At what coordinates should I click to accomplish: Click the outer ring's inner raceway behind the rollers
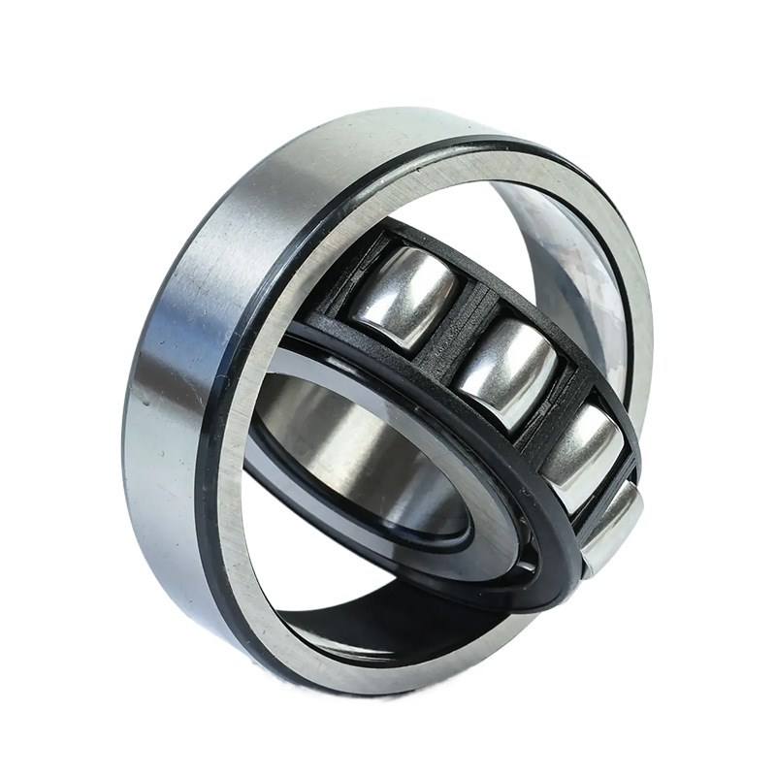pos(572,262)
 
